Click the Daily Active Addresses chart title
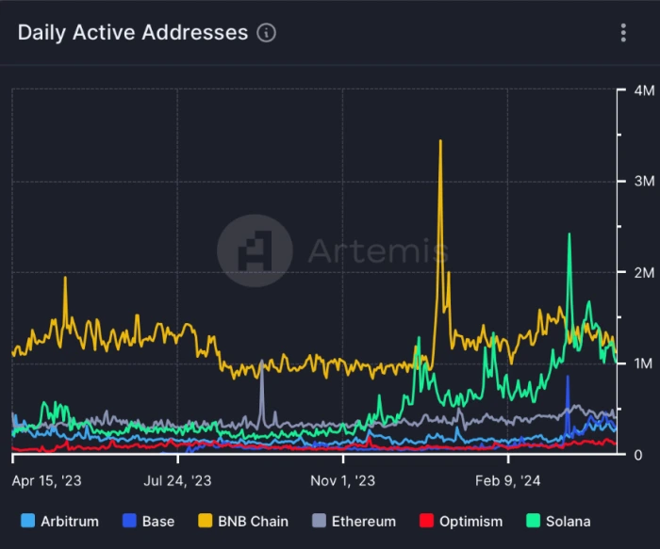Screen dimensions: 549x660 tap(132, 32)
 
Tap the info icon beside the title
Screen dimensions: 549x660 tap(267, 33)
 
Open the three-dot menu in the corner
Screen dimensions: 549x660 tap(623, 33)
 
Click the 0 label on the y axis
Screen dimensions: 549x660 tap(636, 454)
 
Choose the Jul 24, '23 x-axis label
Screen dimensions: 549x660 tap(177, 480)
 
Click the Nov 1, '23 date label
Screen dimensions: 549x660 tap(343, 480)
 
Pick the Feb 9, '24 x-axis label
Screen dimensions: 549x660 tap(508, 480)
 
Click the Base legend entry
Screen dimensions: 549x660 tap(148, 521)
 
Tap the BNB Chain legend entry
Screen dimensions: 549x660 tap(243, 521)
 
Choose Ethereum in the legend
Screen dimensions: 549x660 tap(355, 521)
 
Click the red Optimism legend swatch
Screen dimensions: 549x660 tap(425, 521)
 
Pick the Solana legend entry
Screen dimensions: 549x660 tap(558, 521)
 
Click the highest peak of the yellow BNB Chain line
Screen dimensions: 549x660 tap(440, 141)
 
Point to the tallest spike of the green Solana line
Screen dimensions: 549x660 tap(569, 234)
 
